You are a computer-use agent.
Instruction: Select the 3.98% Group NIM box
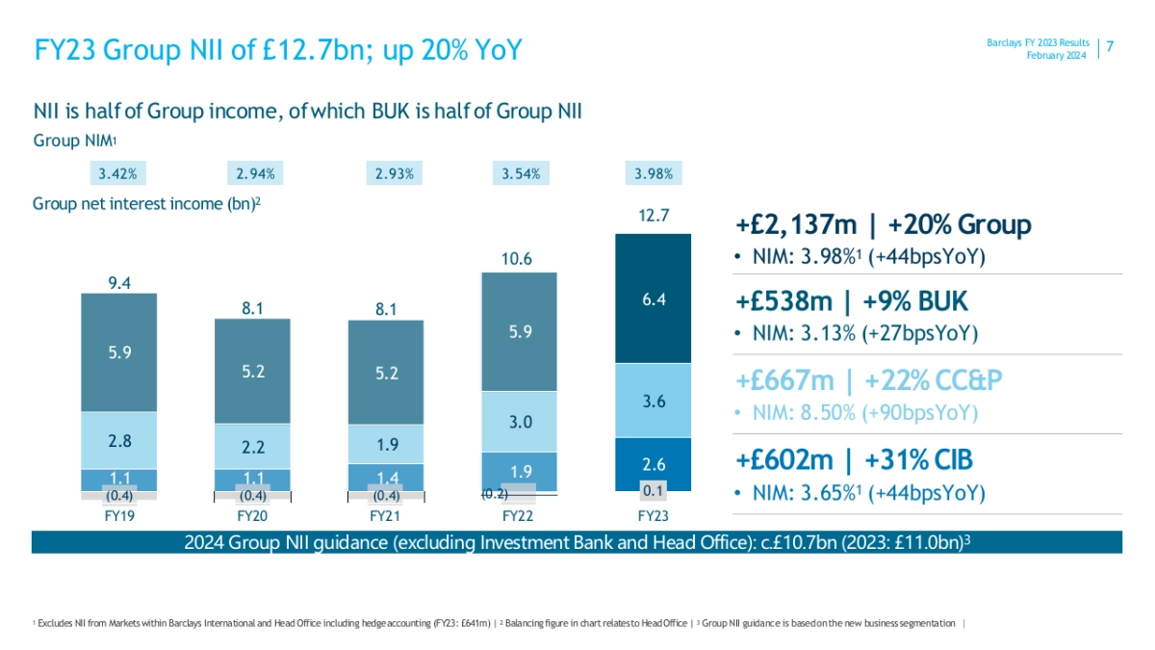(x=653, y=174)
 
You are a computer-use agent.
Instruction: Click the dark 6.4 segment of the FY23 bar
(x=653, y=299)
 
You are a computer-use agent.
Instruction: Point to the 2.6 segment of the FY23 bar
(x=653, y=466)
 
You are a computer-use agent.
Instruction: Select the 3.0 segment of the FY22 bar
(x=520, y=422)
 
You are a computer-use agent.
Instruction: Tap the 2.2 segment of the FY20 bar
(x=251, y=446)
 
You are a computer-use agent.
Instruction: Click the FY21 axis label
(x=385, y=517)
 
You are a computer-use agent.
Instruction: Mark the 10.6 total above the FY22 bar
(x=520, y=258)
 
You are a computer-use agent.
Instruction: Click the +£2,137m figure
(x=795, y=225)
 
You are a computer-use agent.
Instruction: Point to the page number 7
(x=1110, y=47)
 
